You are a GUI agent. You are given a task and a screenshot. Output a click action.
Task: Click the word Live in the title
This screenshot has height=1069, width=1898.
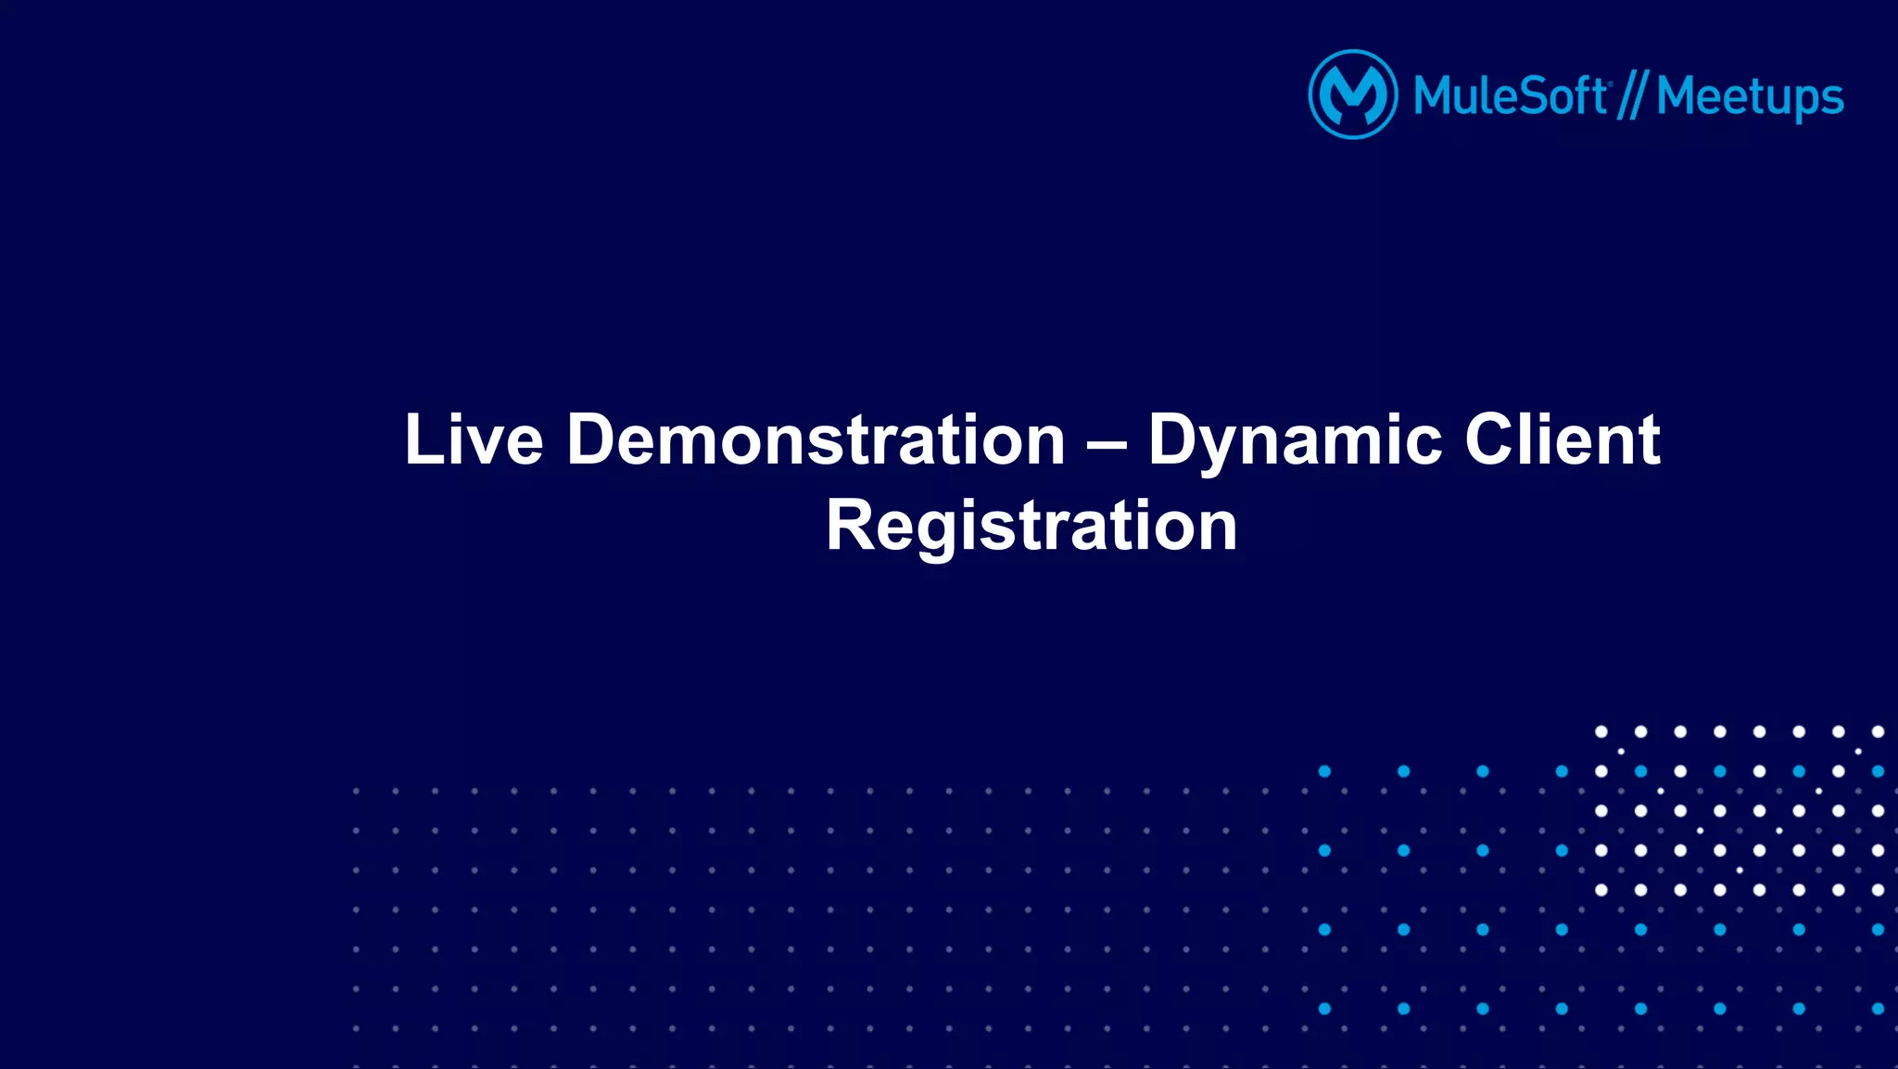point(474,439)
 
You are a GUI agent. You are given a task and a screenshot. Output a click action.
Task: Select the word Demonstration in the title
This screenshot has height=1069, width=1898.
point(816,439)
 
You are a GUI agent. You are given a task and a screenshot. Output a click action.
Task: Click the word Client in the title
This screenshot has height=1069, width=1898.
point(1562,439)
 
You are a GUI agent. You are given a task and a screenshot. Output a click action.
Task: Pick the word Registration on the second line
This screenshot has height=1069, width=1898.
point(1031,526)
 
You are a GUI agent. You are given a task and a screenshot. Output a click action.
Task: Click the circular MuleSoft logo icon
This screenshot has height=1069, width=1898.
point(1352,95)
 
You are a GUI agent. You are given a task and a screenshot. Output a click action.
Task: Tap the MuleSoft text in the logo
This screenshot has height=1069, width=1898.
point(1510,96)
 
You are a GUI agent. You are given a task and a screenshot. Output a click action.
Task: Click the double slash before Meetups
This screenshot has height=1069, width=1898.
point(1632,96)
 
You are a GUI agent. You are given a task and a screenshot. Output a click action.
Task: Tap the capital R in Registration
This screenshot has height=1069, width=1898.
point(852,526)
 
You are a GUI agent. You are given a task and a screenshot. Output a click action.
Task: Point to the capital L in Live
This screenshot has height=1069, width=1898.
point(421,439)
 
